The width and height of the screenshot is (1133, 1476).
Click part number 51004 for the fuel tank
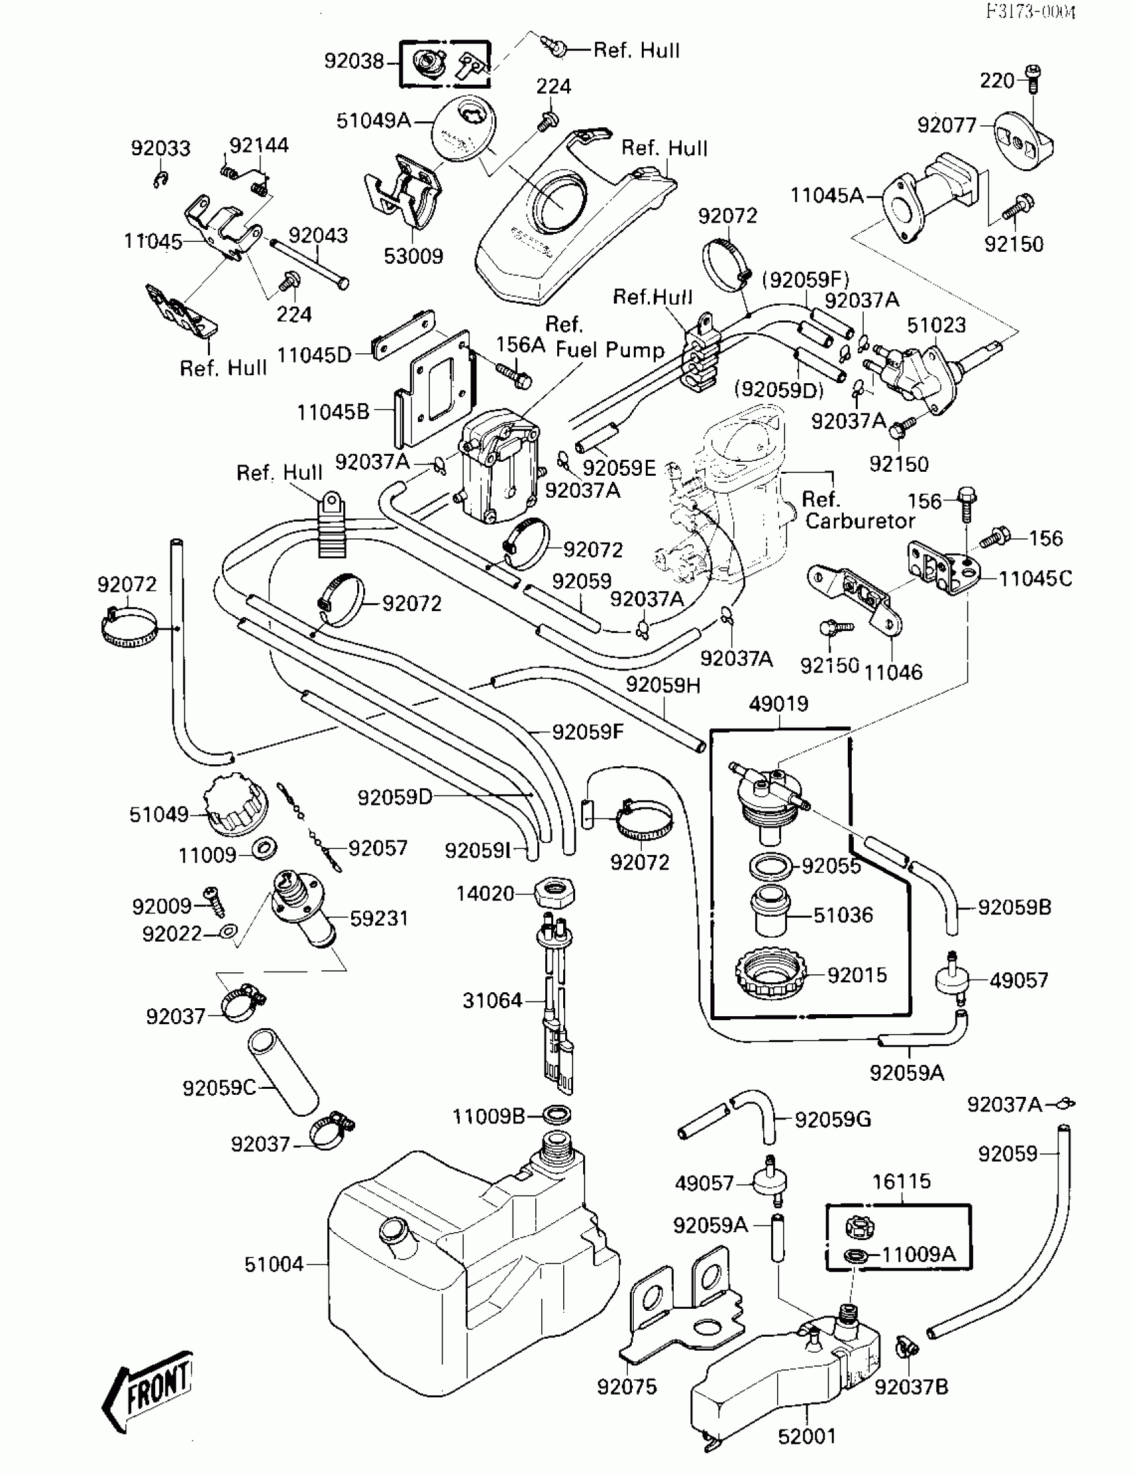pyautogui.click(x=274, y=1264)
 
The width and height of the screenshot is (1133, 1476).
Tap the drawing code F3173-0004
pyautogui.click(x=1030, y=12)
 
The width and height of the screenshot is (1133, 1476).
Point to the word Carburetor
pyautogui.click(x=860, y=520)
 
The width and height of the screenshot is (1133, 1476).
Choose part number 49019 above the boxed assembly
pyautogui.click(x=778, y=704)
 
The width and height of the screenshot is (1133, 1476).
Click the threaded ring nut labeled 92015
pyautogui.click(x=771, y=974)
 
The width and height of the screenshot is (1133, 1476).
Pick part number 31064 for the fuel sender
pyautogui.click(x=493, y=1000)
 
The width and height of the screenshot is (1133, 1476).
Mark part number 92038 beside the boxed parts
pyautogui.click(x=354, y=61)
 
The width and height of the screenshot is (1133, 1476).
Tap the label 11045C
pyautogui.click(x=1034, y=578)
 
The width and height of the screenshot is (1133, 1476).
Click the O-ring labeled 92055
pyautogui.click(x=770, y=865)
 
